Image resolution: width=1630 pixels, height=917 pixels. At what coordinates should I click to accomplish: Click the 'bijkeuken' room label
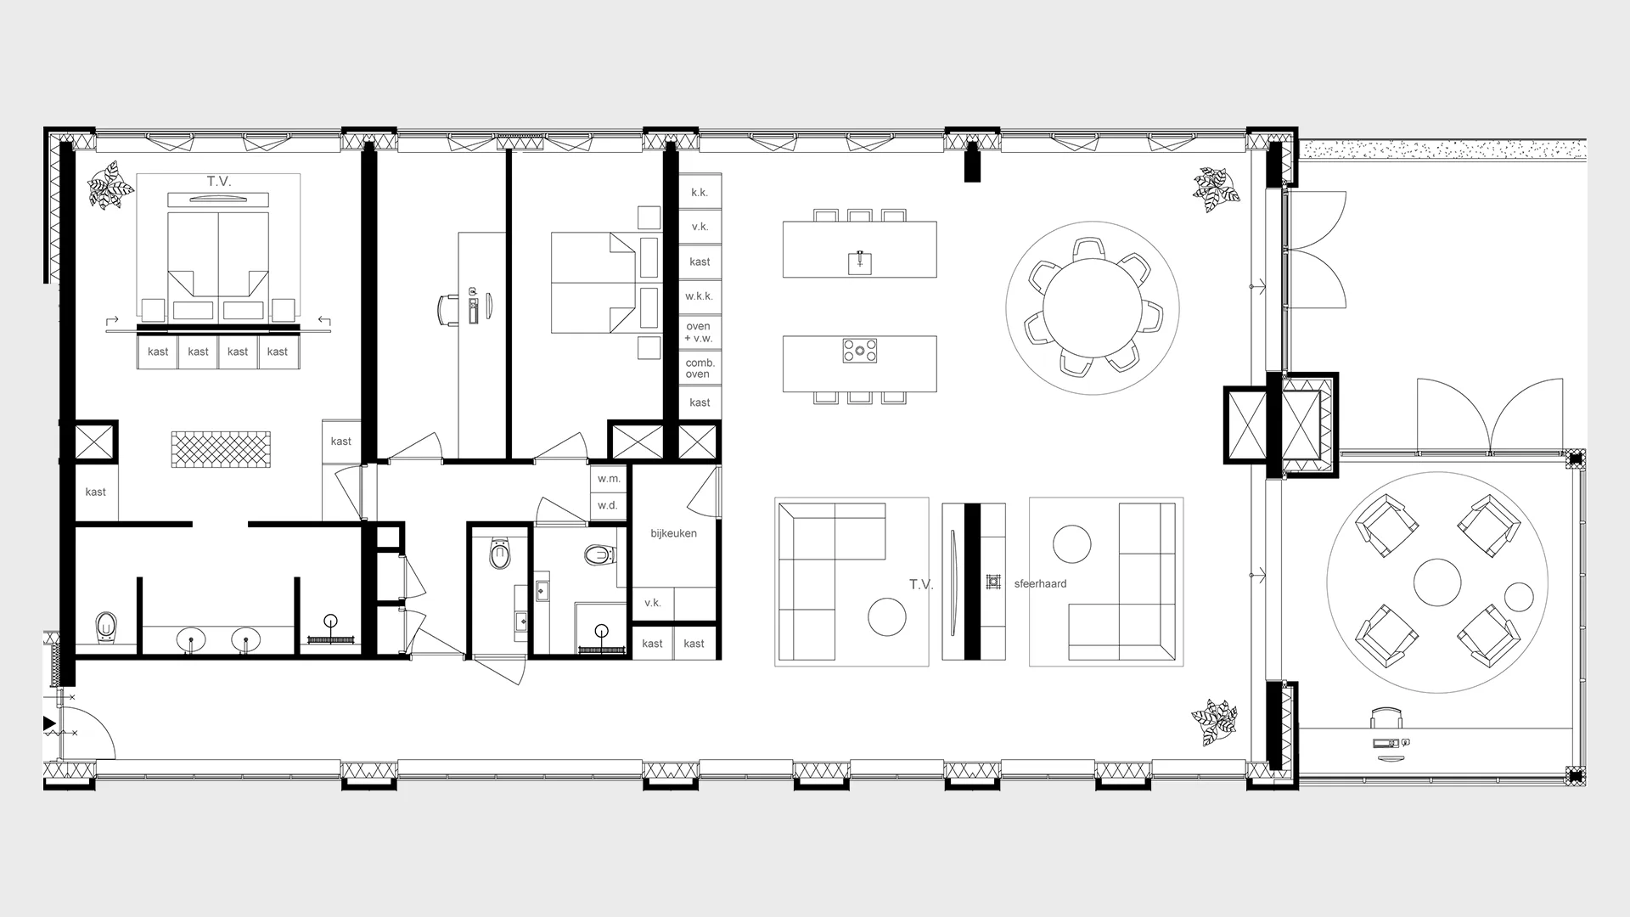pos(673,533)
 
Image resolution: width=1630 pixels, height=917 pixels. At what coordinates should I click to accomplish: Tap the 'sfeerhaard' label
pos(1040,584)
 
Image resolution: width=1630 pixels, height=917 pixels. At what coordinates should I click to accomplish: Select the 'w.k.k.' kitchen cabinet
pos(699,296)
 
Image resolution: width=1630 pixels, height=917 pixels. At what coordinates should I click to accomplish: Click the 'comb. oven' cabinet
pos(700,368)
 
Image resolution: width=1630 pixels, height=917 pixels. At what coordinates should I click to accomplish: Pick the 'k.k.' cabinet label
pos(699,193)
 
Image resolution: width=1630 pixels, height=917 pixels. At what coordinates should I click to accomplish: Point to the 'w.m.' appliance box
pos(609,479)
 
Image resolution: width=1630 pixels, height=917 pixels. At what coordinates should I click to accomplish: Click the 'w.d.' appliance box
pos(608,505)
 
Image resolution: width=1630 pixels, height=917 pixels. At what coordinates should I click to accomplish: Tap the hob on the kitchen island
pos(859,350)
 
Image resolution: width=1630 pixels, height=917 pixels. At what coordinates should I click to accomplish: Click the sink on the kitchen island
pos(860,262)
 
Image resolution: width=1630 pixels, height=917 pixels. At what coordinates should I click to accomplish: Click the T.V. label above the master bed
pos(218,182)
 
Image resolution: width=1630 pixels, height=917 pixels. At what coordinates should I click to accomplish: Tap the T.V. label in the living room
pos(921,585)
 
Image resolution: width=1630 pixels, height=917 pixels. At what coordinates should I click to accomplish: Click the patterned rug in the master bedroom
pos(221,449)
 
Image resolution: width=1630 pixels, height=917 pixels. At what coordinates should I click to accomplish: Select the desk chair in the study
pos(449,309)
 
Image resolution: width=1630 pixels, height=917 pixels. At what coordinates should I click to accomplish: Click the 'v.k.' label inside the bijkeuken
pos(652,604)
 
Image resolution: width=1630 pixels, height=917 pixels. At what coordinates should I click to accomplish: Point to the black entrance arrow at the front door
pos(49,724)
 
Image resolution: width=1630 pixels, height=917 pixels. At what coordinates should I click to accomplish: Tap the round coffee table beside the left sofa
pos(886,617)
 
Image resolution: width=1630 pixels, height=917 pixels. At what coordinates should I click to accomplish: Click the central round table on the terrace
pos(1436,582)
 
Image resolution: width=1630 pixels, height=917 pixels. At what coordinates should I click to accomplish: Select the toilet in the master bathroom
pos(105,627)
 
